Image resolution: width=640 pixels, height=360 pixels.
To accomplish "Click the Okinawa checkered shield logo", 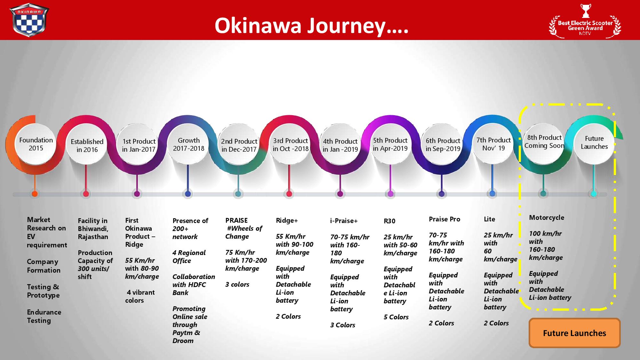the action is pos(29,20).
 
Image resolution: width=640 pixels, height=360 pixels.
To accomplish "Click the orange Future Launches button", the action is pos(574,333).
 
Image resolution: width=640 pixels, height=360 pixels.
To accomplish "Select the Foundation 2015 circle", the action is pos(36,144).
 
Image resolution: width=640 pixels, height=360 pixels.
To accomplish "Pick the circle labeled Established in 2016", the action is pos(87,146).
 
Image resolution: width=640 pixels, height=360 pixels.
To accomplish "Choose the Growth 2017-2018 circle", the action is pos(188,144).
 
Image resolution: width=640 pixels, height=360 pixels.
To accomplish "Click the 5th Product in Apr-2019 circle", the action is pos(390,144).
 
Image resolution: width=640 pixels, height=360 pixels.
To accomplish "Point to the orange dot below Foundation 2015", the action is pos(35,194).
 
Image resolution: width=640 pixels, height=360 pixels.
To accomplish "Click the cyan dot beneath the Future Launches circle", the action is pos(594,194).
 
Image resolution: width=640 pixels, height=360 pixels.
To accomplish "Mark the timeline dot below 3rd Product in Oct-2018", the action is pos(289,194).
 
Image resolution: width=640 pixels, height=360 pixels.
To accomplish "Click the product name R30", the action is pos(389,221).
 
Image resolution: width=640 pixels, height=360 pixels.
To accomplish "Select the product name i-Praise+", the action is pos(344,220).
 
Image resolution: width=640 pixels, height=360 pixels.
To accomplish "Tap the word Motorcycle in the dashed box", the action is pos(547,218).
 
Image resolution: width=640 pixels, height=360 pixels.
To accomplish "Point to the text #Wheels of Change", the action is pos(244,232).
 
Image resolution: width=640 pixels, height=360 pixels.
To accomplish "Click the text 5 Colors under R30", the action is pos(396,317).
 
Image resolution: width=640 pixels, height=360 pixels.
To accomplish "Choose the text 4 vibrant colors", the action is pos(140,296).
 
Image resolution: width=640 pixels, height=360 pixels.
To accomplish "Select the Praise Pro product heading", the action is pos(444,219).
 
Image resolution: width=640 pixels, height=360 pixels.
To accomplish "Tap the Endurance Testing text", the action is pos(44,316).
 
